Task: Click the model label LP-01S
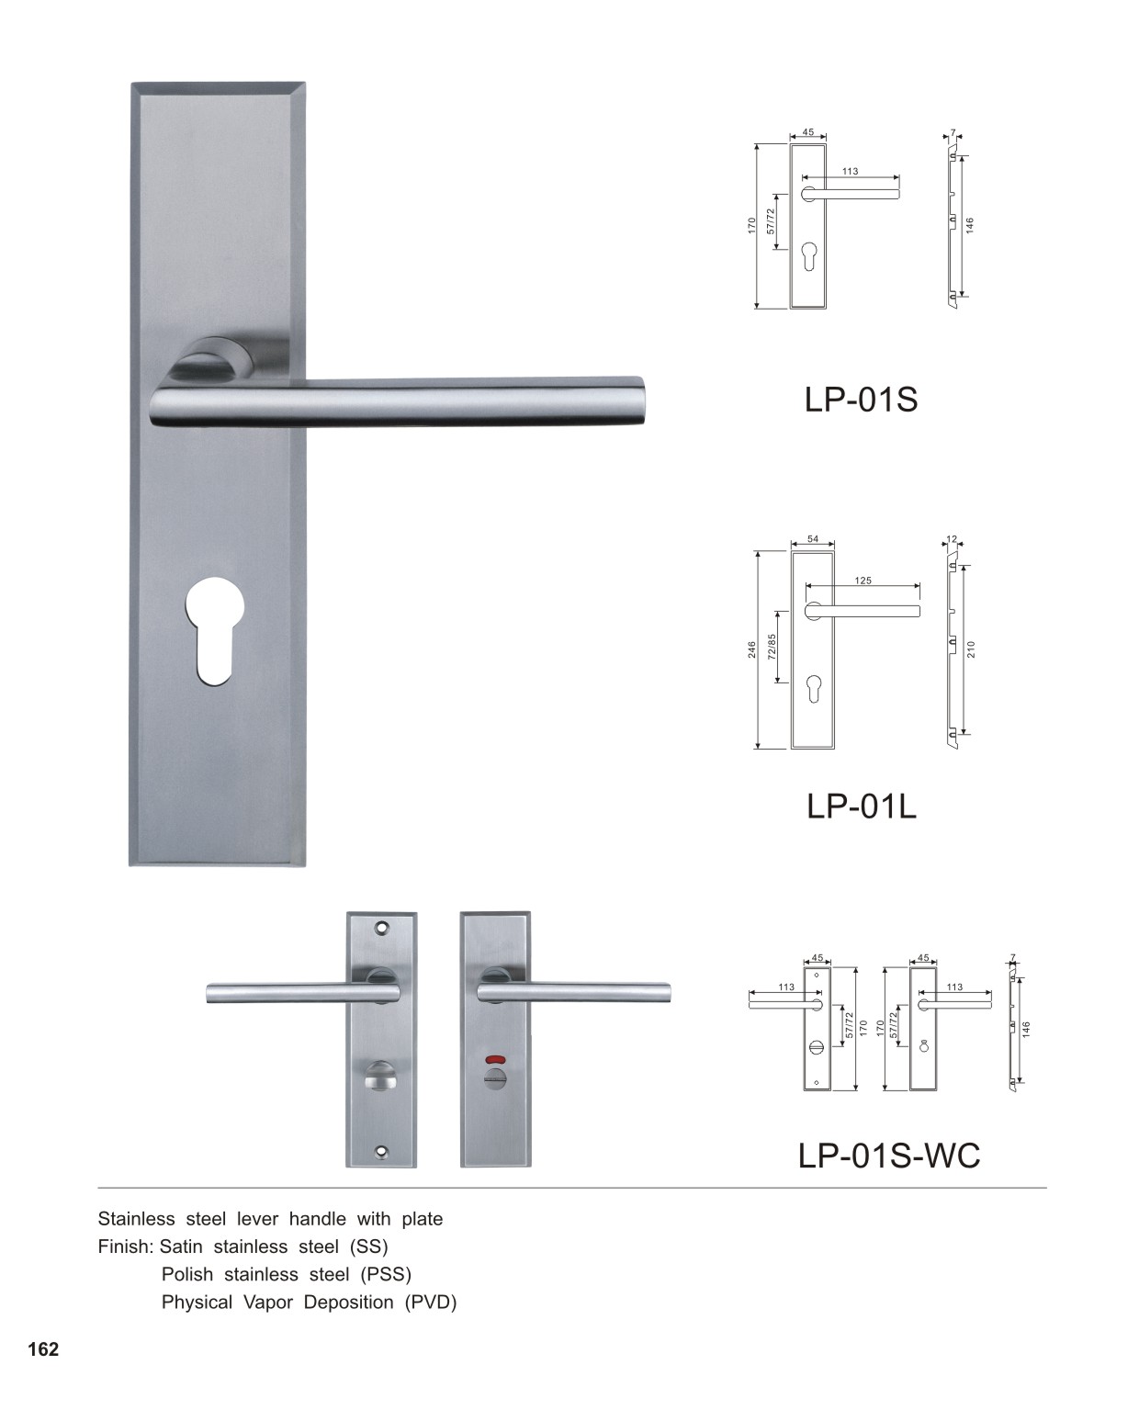[861, 400]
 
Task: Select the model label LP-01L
[861, 806]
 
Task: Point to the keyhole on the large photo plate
[214, 629]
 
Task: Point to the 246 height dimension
[752, 649]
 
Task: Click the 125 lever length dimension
[863, 581]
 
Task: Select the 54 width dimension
[813, 539]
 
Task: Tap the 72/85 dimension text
[772, 648]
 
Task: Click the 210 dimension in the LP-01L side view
[972, 649]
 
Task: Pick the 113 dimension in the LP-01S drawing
[851, 172]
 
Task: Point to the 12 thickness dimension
[952, 539]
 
